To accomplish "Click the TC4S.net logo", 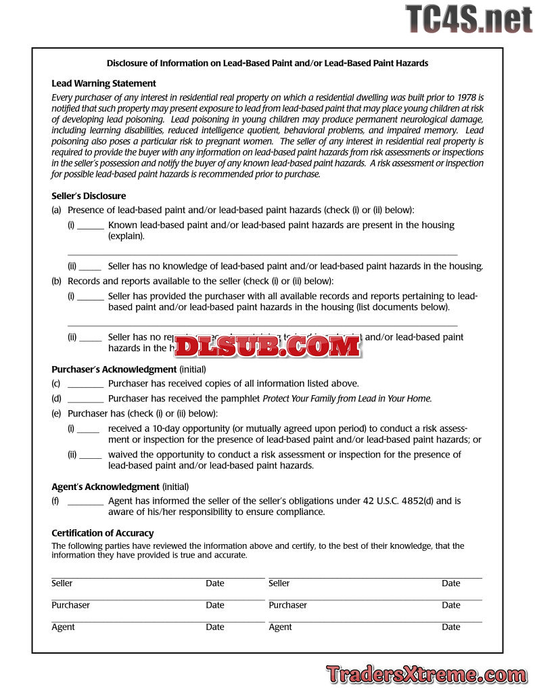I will click(469, 18).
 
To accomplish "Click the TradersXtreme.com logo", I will click(426, 674).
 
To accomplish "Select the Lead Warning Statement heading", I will click(103, 83).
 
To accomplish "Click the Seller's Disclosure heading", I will click(89, 196).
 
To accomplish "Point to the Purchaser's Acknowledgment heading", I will click(114, 370).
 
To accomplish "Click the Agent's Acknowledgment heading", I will click(105, 487).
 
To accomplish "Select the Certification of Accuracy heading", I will click(102, 533).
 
